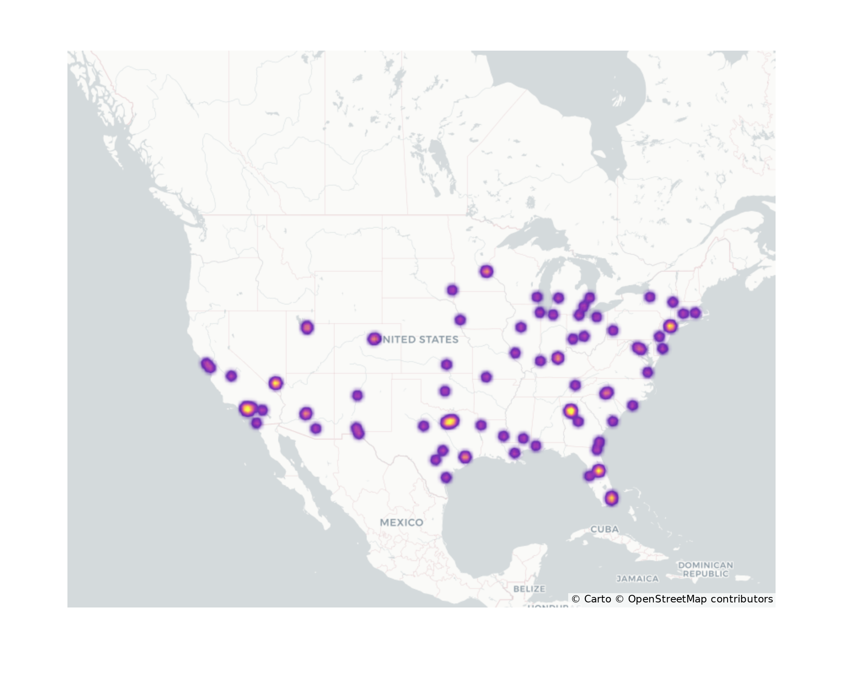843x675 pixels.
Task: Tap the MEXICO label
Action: [x=401, y=522]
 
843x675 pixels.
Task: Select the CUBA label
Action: [x=604, y=529]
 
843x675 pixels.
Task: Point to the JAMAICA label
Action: [x=637, y=579]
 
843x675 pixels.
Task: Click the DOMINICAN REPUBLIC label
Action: [x=706, y=569]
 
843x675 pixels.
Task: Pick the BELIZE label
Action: [x=529, y=589]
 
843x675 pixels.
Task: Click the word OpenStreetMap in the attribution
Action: [x=667, y=599]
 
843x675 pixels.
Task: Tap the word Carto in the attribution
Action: [x=597, y=599]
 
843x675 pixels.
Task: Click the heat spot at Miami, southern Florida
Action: [x=612, y=498]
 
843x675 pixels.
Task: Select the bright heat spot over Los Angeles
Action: [x=248, y=408]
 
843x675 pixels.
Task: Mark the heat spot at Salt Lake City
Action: [x=307, y=327]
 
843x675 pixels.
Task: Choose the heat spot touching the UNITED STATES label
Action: [x=374, y=339]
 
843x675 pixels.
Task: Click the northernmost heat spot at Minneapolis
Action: [x=486, y=271]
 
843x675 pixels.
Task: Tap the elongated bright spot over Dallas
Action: [x=450, y=421]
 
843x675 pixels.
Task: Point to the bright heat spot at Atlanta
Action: [x=570, y=410]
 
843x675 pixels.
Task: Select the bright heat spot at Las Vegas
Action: [x=276, y=383]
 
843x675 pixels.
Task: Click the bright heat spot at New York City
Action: [x=670, y=326]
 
